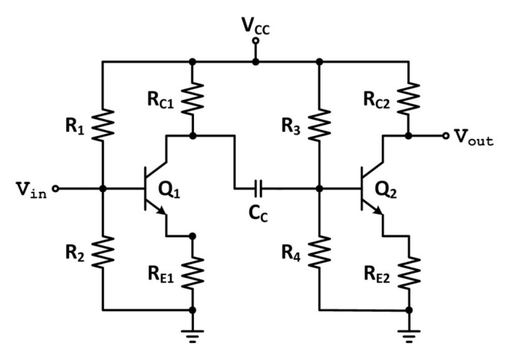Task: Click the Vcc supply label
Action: [x=256, y=25]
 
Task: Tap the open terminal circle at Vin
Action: [x=56, y=189]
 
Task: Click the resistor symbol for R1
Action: [x=103, y=125]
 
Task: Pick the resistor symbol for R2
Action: [x=103, y=252]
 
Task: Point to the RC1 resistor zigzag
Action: [x=192, y=99]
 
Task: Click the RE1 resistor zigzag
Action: [x=192, y=273]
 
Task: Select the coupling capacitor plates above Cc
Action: [x=258, y=189]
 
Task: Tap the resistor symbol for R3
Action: [x=320, y=125]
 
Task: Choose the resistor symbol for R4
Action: [x=320, y=252]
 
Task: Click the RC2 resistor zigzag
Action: [x=409, y=99]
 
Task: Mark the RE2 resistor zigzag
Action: [x=409, y=273]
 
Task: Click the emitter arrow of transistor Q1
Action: [x=161, y=211]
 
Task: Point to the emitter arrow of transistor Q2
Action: [x=377, y=211]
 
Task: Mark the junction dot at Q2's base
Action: [x=320, y=189]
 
